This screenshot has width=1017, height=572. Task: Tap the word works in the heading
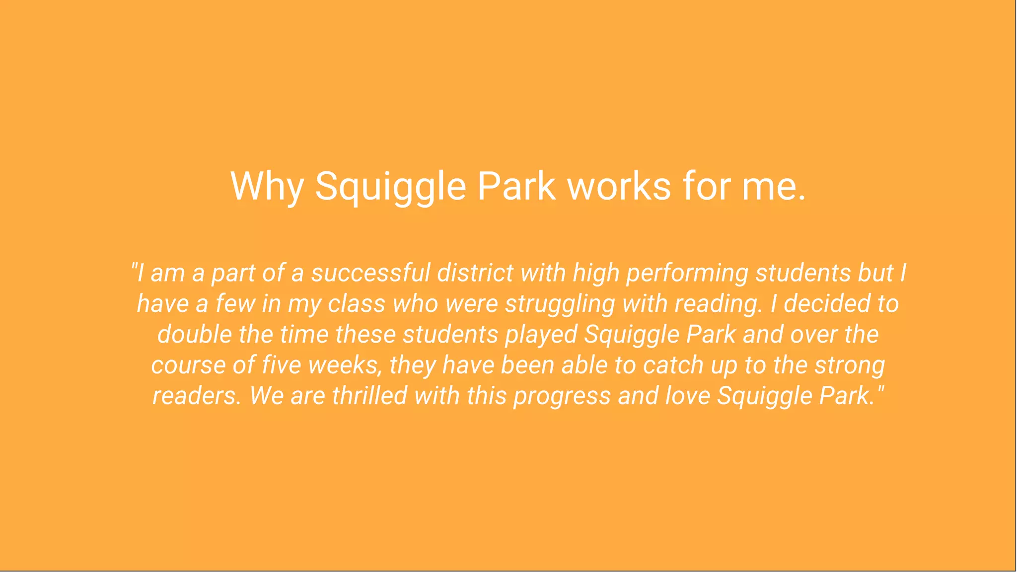pyautogui.click(x=619, y=186)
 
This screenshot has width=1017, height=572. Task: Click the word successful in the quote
pyautogui.click(x=370, y=273)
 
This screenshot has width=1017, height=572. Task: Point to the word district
pyautogui.click(x=475, y=273)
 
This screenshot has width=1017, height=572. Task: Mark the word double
pyautogui.click(x=194, y=334)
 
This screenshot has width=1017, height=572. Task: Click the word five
pyautogui.click(x=281, y=365)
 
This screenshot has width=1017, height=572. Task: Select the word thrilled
pyautogui.click(x=369, y=396)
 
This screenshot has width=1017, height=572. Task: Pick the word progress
pyautogui.click(x=562, y=397)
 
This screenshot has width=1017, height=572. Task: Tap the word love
pyautogui.click(x=687, y=396)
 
